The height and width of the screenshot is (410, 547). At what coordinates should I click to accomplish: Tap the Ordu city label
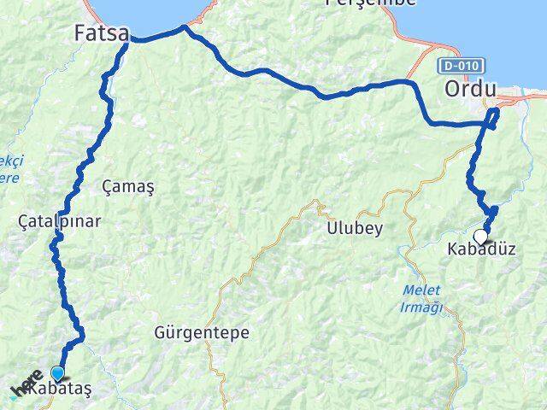471,89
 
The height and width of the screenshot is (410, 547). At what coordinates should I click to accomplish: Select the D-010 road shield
462,65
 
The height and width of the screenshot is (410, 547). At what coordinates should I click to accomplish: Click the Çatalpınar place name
59,221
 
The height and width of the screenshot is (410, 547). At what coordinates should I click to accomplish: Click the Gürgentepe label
196,330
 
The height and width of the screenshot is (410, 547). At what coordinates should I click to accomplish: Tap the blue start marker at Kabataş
57,373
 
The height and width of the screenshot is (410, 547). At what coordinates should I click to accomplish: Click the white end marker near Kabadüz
481,237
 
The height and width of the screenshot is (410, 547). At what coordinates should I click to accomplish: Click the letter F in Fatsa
80,34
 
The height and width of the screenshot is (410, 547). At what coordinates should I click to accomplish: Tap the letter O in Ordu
454,89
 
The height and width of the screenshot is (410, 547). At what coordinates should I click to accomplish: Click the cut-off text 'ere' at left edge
8,177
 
